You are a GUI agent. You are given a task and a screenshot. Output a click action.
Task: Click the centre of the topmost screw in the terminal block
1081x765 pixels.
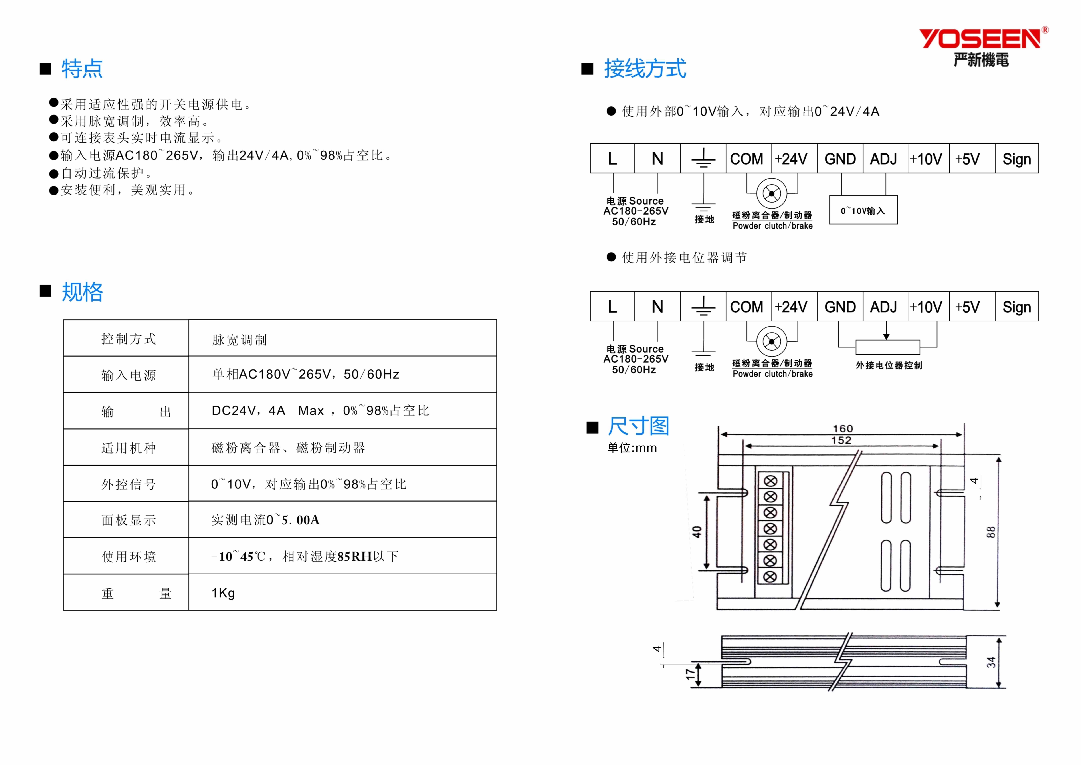tap(770, 481)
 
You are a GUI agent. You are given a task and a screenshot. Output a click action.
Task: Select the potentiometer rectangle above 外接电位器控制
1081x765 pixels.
tap(887, 347)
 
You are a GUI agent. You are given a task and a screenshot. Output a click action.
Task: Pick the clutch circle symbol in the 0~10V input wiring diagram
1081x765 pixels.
tap(772, 193)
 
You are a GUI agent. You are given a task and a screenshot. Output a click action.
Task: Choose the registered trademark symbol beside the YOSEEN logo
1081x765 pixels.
tap(1045, 30)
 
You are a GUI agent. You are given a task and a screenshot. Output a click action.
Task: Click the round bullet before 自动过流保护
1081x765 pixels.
tap(54, 174)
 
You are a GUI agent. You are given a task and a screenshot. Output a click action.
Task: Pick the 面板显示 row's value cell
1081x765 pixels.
tap(342, 520)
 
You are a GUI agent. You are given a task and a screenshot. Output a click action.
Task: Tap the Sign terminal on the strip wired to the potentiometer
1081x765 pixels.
tap(1016, 307)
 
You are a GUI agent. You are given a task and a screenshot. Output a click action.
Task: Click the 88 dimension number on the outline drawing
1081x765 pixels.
tap(991, 532)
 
